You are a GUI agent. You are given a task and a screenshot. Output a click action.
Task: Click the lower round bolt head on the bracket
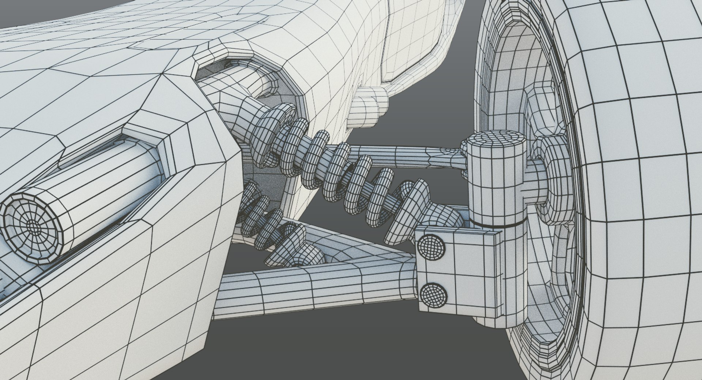click(434, 295)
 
